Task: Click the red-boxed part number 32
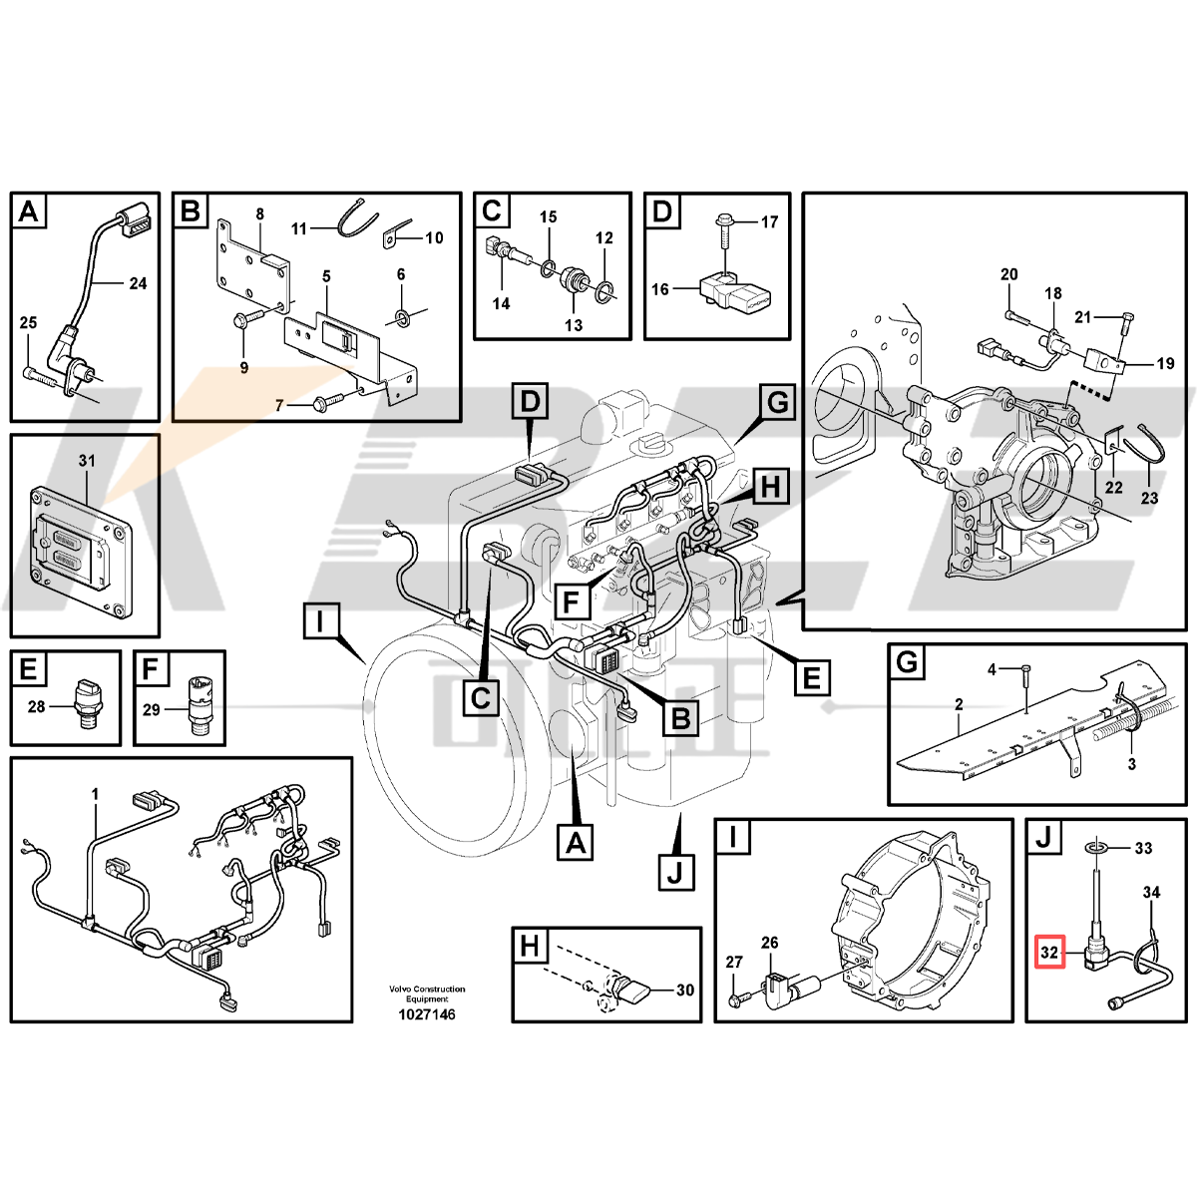point(1049,970)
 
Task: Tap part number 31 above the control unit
point(87,460)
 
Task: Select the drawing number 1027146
point(427,1014)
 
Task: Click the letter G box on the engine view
point(777,403)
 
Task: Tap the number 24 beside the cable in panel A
point(138,283)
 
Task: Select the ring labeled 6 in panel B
point(402,318)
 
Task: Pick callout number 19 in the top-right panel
point(1166,363)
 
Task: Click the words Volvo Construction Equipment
point(427,994)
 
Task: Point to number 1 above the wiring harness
point(95,794)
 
